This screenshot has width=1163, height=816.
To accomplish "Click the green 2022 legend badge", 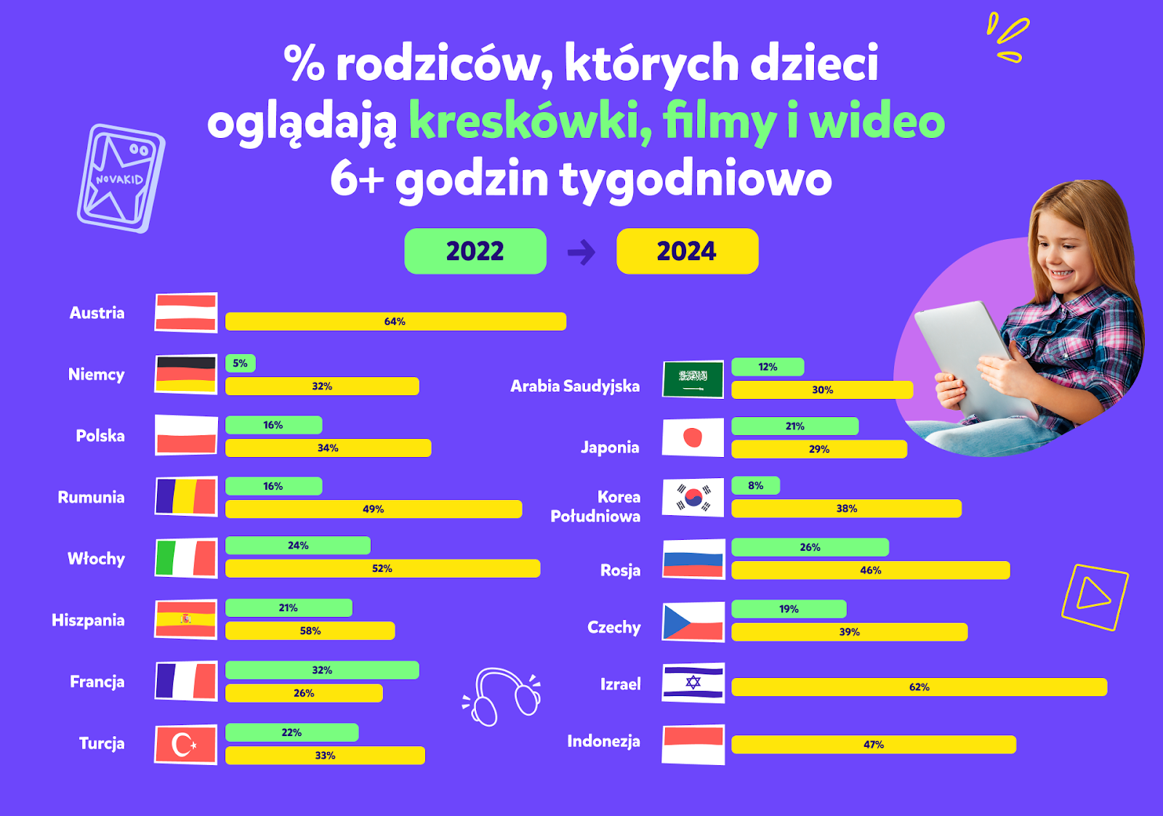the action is click(475, 251).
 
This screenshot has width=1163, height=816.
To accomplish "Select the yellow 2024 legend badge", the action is click(688, 251).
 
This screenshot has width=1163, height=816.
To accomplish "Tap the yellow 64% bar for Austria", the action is click(395, 321).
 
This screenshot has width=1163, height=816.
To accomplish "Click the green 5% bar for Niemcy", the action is click(241, 363).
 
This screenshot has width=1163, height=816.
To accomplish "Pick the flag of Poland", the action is click(186, 435).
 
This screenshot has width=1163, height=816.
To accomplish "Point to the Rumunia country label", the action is click(91, 497).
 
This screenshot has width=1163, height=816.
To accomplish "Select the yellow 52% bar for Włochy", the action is click(382, 568).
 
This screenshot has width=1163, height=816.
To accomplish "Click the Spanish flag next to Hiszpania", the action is click(186, 619).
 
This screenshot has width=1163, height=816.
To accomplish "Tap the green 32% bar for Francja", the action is click(322, 670).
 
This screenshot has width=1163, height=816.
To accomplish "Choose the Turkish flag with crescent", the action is click(186, 744).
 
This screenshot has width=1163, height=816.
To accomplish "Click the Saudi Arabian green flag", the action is click(693, 379).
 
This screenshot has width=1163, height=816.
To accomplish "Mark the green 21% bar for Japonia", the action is click(795, 427).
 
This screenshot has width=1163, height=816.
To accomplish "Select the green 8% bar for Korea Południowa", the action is click(755, 485).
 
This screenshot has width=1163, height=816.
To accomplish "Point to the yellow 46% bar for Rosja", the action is click(871, 570).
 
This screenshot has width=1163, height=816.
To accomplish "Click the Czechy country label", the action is click(614, 628).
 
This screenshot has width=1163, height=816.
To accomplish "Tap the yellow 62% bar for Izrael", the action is click(919, 687).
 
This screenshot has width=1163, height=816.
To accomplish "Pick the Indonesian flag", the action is click(693, 744).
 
